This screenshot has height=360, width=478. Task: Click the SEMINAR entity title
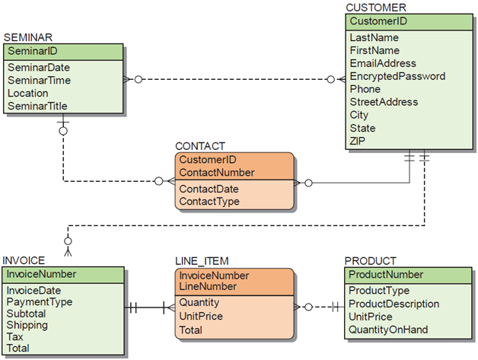coord(27,37)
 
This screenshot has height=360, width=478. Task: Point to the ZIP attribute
coord(358,141)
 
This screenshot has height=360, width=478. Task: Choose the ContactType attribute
coord(209,202)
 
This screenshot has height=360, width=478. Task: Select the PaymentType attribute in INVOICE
coord(39,302)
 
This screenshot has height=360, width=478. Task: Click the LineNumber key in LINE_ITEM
coord(206,287)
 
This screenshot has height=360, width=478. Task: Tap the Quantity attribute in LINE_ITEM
coord(199,302)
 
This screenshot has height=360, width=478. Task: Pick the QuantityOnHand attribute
coord(388,330)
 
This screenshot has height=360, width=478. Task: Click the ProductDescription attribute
coord(394,304)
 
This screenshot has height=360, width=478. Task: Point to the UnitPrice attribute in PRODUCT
coord(370,317)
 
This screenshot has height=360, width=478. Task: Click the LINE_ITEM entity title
coord(202,260)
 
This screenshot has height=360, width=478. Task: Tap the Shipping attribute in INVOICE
coord(27,325)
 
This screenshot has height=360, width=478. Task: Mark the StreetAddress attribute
coord(382,102)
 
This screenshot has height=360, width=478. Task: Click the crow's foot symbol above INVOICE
coord(69,250)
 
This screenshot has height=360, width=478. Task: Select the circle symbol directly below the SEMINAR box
coord(63,131)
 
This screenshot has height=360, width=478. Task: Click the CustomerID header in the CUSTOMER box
coord(378,21)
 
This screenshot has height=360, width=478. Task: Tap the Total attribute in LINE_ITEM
coord(190,330)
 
